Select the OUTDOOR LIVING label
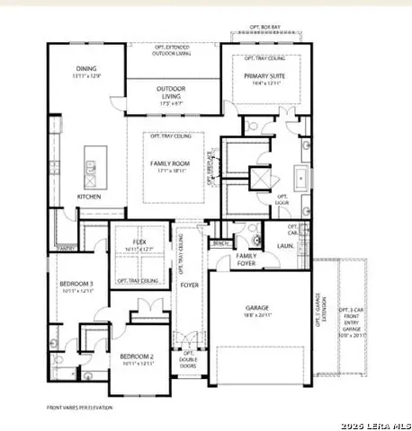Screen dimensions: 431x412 [x=171, y=89]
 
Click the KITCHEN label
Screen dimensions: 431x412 [x=88, y=197]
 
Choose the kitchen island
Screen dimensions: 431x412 [x=92, y=165]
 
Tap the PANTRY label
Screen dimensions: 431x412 [x=66, y=249]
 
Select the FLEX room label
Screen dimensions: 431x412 [x=139, y=242]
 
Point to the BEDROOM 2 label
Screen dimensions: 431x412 [x=138, y=357]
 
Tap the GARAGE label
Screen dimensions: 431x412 [x=258, y=308]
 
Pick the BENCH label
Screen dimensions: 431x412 [x=219, y=242]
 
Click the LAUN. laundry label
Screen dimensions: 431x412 [x=287, y=244]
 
